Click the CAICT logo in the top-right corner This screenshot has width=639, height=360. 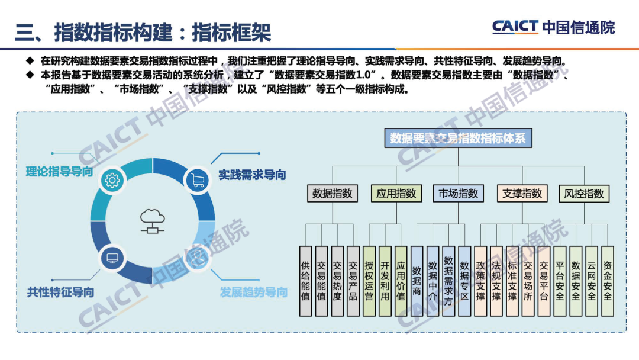553,27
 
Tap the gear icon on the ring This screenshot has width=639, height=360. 111,179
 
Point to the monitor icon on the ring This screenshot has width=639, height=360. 111,258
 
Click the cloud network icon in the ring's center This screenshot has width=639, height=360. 152,221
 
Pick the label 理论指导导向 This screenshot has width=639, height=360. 59,172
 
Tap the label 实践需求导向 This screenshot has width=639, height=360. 252,175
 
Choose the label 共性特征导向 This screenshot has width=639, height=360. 60,292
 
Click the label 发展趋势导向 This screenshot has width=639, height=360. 253,292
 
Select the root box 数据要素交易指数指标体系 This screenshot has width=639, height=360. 459,139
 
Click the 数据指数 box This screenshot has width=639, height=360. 333,194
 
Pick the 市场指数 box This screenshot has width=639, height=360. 459,194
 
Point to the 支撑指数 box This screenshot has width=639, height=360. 522,194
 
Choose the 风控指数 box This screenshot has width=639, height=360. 584,194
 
